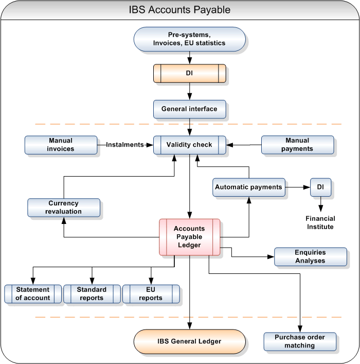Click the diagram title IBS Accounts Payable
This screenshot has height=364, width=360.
click(179, 10)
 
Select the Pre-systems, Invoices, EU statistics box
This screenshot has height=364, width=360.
click(189, 39)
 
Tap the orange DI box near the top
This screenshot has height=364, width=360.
click(189, 74)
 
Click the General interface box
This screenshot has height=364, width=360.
click(189, 109)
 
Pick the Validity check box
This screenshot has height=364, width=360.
click(189, 145)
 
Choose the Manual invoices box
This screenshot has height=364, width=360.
click(61, 145)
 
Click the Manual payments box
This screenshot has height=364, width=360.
click(297, 145)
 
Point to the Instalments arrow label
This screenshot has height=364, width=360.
click(124, 145)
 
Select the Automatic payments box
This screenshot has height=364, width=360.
click(249, 187)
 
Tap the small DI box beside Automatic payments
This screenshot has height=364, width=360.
click(320, 187)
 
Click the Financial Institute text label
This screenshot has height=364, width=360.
click(320, 223)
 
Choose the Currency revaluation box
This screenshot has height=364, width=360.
click(63, 207)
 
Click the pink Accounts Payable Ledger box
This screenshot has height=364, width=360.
click(189, 237)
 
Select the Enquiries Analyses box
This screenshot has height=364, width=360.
click(310, 256)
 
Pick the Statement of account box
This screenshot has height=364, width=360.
click(33, 293)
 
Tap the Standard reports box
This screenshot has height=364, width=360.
click(92, 293)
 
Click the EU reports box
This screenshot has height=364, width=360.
click(151, 293)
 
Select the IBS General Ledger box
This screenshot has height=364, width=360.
click(189, 341)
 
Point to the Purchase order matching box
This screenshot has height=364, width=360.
click(300, 341)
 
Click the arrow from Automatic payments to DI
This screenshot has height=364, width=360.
click(297, 187)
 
